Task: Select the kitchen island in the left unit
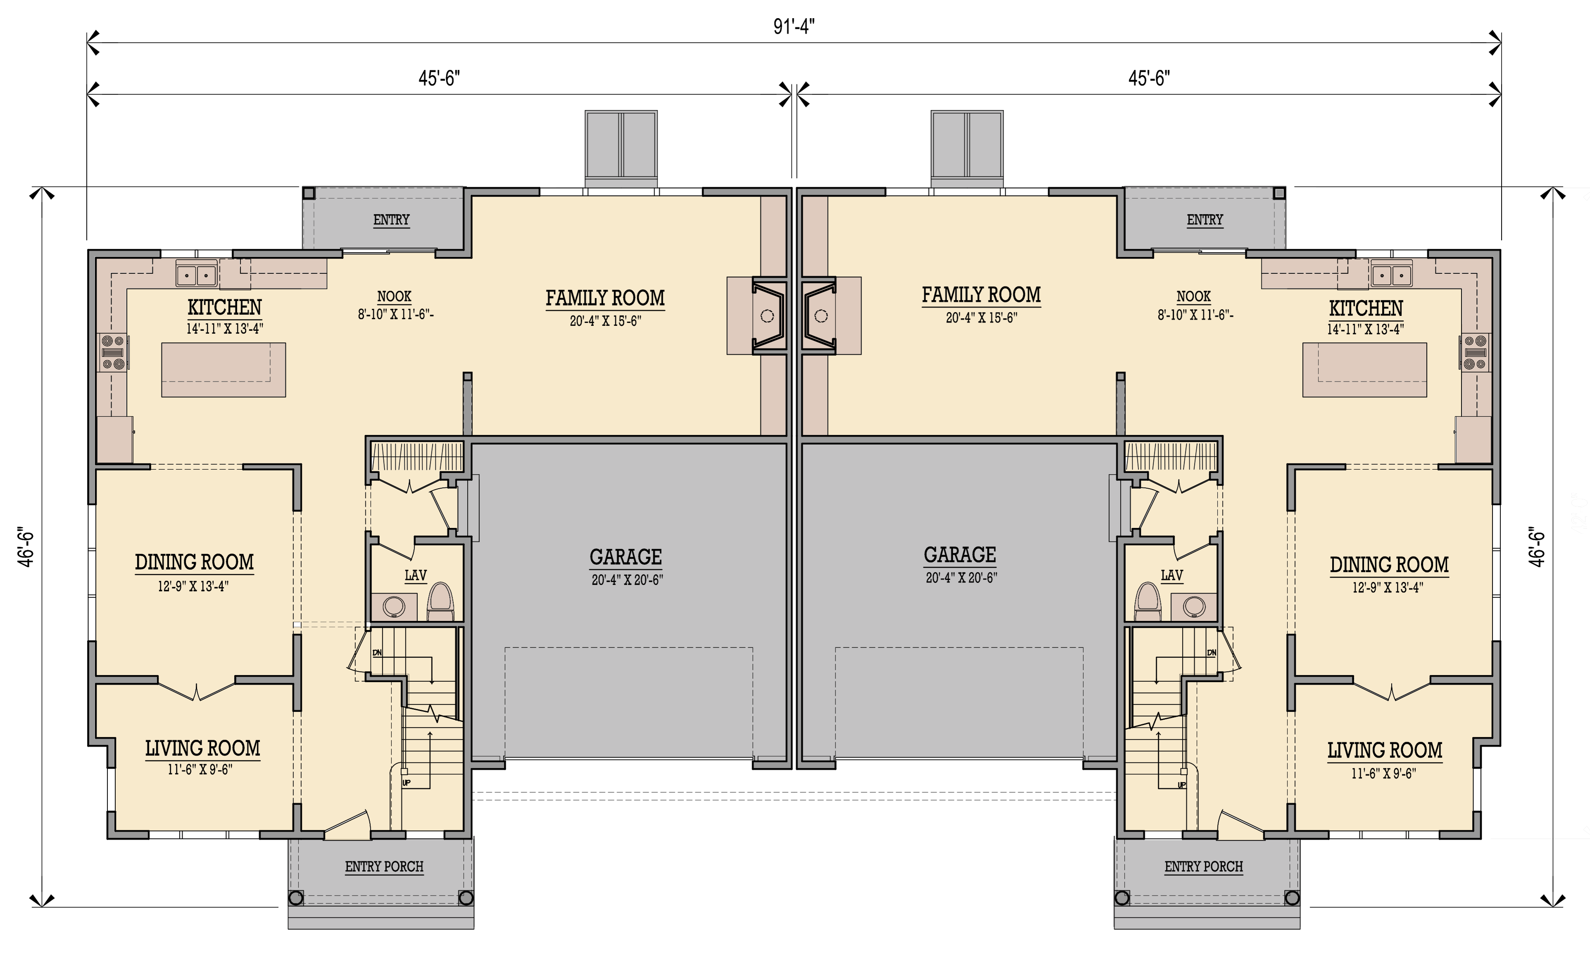tap(223, 369)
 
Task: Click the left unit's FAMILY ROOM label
tap(605, 298)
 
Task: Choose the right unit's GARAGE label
tap(959, 555)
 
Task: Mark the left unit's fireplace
tap(767, 315)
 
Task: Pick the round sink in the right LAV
tap(1194, 606)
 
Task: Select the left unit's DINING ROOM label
tap(194, 562)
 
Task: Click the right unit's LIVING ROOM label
tap(1385, 750)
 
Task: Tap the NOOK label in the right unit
tap(1194, 297)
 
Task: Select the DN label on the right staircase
tap(1212, 652)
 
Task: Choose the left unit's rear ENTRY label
tap(391, 220)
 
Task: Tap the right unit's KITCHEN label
tap(1366, 308)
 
